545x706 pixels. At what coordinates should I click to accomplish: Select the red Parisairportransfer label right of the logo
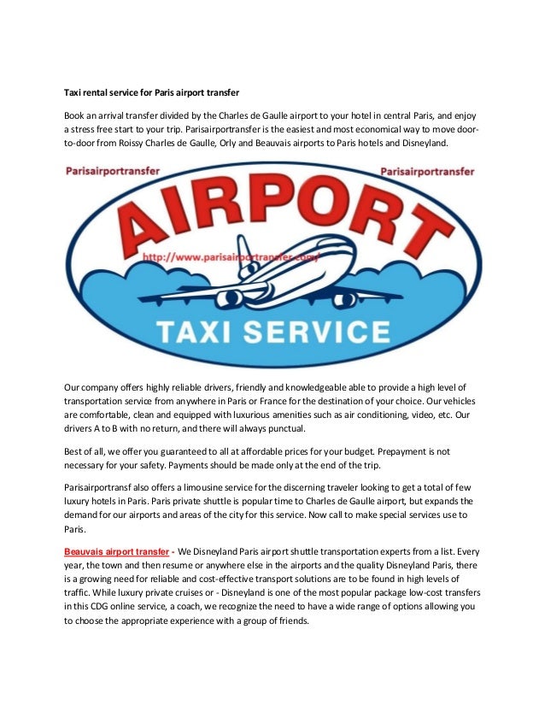click(426, 171)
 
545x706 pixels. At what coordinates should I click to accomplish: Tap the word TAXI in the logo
click(204, 330)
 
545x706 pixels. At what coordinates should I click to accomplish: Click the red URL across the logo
click(231, 255)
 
